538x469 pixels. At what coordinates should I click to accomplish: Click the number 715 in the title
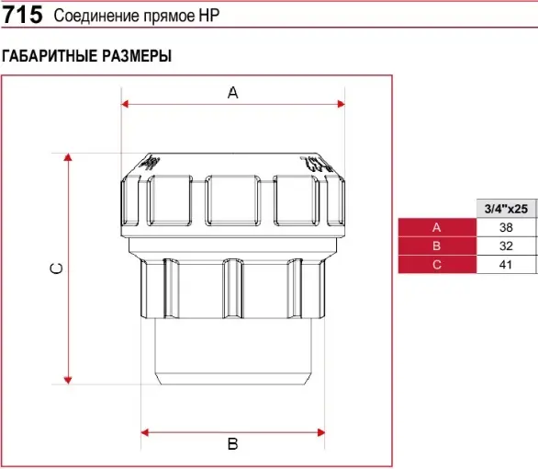tap(22, 15)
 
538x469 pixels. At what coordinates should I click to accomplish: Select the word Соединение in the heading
tap(96, 16)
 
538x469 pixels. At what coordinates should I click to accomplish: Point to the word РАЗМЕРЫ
tap(137, 56)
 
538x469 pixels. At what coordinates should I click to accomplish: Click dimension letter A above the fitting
tap(232, 93)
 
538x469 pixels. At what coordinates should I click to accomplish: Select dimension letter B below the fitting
tap(232, 444)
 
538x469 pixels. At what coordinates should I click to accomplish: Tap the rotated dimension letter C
tap(57, 269)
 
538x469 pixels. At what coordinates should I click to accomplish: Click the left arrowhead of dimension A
tap(125, 104)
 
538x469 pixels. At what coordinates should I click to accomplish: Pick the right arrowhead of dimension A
tap(341, 104)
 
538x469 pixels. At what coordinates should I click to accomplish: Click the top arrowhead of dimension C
tap(68, 157)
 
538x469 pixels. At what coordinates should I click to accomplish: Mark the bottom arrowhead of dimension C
tap(68, 381)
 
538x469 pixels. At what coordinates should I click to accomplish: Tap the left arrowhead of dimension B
tap(145, 432)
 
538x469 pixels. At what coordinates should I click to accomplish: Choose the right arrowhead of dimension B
tap(321, 432)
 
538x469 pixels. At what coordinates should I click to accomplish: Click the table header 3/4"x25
tap(506, 209)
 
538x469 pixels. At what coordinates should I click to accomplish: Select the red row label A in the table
tap(436, 227)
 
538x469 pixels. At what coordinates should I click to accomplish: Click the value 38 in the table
tap(506, 227)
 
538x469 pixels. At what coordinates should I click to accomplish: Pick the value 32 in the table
tap(506, 246)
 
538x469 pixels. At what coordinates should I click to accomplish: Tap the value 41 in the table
tap(506, 265)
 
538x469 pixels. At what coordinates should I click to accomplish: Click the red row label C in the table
tap(437, 265)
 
